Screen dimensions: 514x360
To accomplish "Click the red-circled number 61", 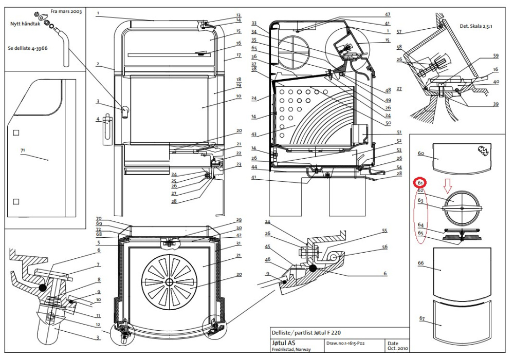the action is tap(420, 183).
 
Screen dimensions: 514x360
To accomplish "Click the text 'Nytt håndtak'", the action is tap(25, 24).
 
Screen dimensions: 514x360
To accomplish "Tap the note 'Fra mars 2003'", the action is tap(66, 11).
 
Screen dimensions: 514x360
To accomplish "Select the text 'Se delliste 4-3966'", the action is tap(28, 48).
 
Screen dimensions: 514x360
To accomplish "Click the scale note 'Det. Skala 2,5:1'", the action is tap(475, 26).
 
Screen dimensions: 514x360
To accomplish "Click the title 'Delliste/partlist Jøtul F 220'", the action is tap(306, 332).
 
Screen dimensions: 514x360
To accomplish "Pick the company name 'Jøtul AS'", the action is tap(284, 343).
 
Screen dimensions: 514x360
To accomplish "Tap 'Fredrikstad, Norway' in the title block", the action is tap(291, 350).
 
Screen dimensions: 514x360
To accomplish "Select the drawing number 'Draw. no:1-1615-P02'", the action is tap(345, 343).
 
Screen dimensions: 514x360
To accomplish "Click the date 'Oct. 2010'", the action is tap(398, 348).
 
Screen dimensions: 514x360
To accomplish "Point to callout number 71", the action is tap(23, 150).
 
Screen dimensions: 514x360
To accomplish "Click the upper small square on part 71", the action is tap(16, 132).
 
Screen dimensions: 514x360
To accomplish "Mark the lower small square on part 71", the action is tap(16, 201).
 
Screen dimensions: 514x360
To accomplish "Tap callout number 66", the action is tap(421, 263).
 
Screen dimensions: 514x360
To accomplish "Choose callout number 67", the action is tap(422, 318).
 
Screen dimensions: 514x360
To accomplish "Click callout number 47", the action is tap(388, 15).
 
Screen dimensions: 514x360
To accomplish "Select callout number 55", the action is tap(384, 231).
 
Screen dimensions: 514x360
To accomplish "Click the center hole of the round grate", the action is tap(169, 282).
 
